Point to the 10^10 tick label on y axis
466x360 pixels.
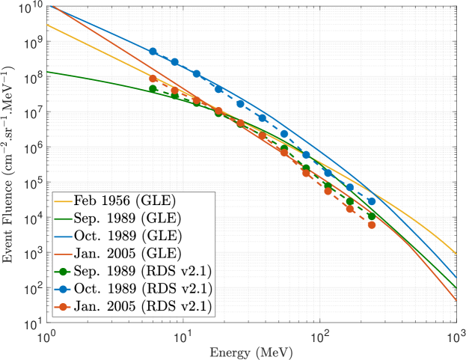pyautogui.click(x=30, y=7)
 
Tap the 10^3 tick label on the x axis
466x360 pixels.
pyautogui.click(x=456, y=335)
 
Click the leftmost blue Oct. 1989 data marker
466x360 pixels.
pyautogui.click(x=153, y=52)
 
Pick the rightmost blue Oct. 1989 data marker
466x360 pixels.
pyautogui.click(x=372, y=201)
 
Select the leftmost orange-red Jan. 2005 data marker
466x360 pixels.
pyautogui.click(x=153, y=79)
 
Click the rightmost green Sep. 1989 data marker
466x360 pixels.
pyautogui.click(x=372, y=216)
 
